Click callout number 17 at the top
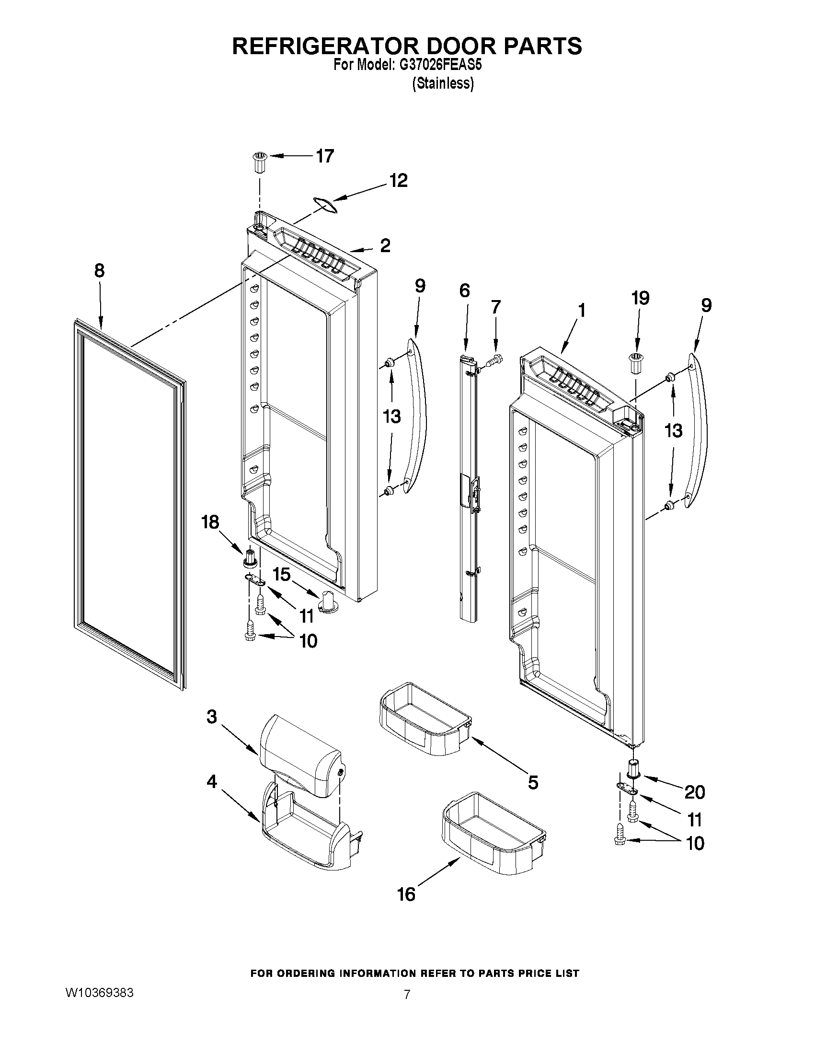click(x=324, y=156)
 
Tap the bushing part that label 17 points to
click(x=259, y=164)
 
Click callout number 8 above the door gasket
click(x=99, y=270)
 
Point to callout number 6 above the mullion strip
click(x=464, y=291)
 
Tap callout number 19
click(x=640, y=298)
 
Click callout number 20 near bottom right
click(x=695, y=792)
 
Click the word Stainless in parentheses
click(x=442, y=83)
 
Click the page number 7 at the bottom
click(x=407, y=995)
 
